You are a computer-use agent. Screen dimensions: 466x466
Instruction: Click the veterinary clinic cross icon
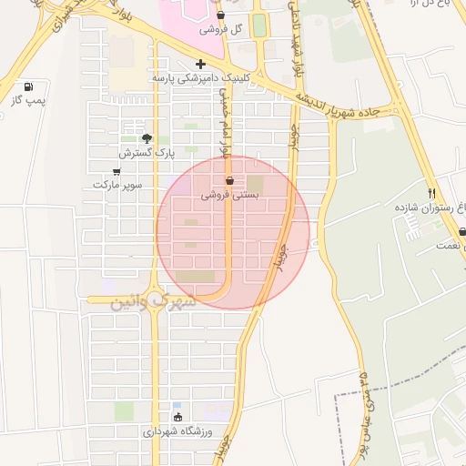200,64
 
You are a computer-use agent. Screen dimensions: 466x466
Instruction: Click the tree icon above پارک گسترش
147,138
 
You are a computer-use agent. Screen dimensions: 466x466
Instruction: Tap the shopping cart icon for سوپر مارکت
116,170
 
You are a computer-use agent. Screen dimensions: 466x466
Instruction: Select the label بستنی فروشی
230,195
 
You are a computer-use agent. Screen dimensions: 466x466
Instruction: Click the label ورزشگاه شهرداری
178,431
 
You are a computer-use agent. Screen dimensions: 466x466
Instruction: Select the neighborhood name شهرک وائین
153,300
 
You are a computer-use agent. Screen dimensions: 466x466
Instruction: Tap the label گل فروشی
224,28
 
